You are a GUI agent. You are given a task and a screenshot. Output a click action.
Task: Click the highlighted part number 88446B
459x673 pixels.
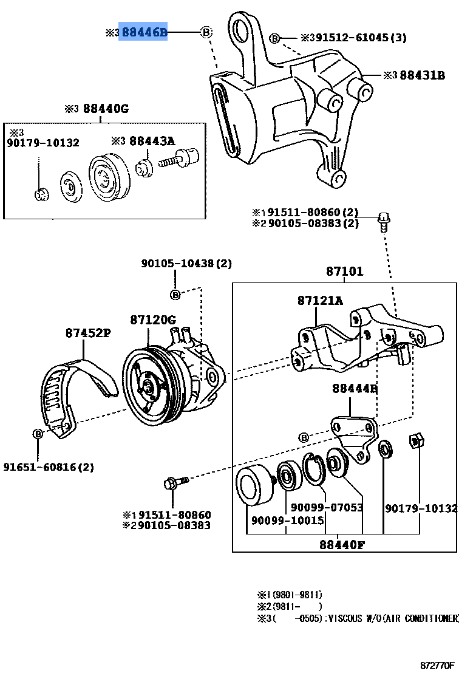point(144,32)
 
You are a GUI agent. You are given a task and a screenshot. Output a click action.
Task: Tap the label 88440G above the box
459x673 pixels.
point(106,109)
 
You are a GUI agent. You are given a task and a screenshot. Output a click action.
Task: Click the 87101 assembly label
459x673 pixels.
point(344,272)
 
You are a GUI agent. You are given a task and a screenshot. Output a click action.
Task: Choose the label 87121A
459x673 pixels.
point(320,300)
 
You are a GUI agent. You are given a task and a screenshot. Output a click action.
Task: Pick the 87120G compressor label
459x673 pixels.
point(152,319)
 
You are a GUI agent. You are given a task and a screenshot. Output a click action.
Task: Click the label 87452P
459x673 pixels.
point(89,332)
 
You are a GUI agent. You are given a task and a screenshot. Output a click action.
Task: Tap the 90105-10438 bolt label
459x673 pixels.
point(178,264)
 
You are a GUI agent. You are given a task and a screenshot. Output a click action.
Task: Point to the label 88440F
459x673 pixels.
point(342,544)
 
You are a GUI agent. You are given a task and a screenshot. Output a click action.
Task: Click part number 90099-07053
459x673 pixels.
point(327,507)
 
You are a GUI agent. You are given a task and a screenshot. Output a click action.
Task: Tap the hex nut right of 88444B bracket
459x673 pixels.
point(417,442)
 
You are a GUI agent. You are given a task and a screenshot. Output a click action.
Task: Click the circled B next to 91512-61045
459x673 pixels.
point(274,38)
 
